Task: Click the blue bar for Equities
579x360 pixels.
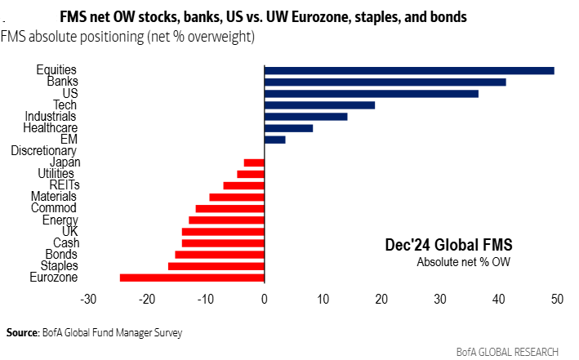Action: pos(408,71)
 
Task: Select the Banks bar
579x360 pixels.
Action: pos(385,82)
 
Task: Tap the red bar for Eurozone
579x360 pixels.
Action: pos(192,278)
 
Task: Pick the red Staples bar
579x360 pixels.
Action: pos(216,266)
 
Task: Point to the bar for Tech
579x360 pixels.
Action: pos(319,105)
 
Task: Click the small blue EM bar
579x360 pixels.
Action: pos(274,140)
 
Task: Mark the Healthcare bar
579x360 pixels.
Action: pos(288,128)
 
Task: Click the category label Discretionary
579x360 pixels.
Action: pos(44,151)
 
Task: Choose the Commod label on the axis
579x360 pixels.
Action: pos(56,208)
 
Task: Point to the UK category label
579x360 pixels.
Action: pos(69,231)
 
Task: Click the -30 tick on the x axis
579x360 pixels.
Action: pos(89,300)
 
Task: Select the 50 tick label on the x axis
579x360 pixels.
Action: pos(557,300)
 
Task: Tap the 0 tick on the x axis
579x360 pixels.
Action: pos(265,300)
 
